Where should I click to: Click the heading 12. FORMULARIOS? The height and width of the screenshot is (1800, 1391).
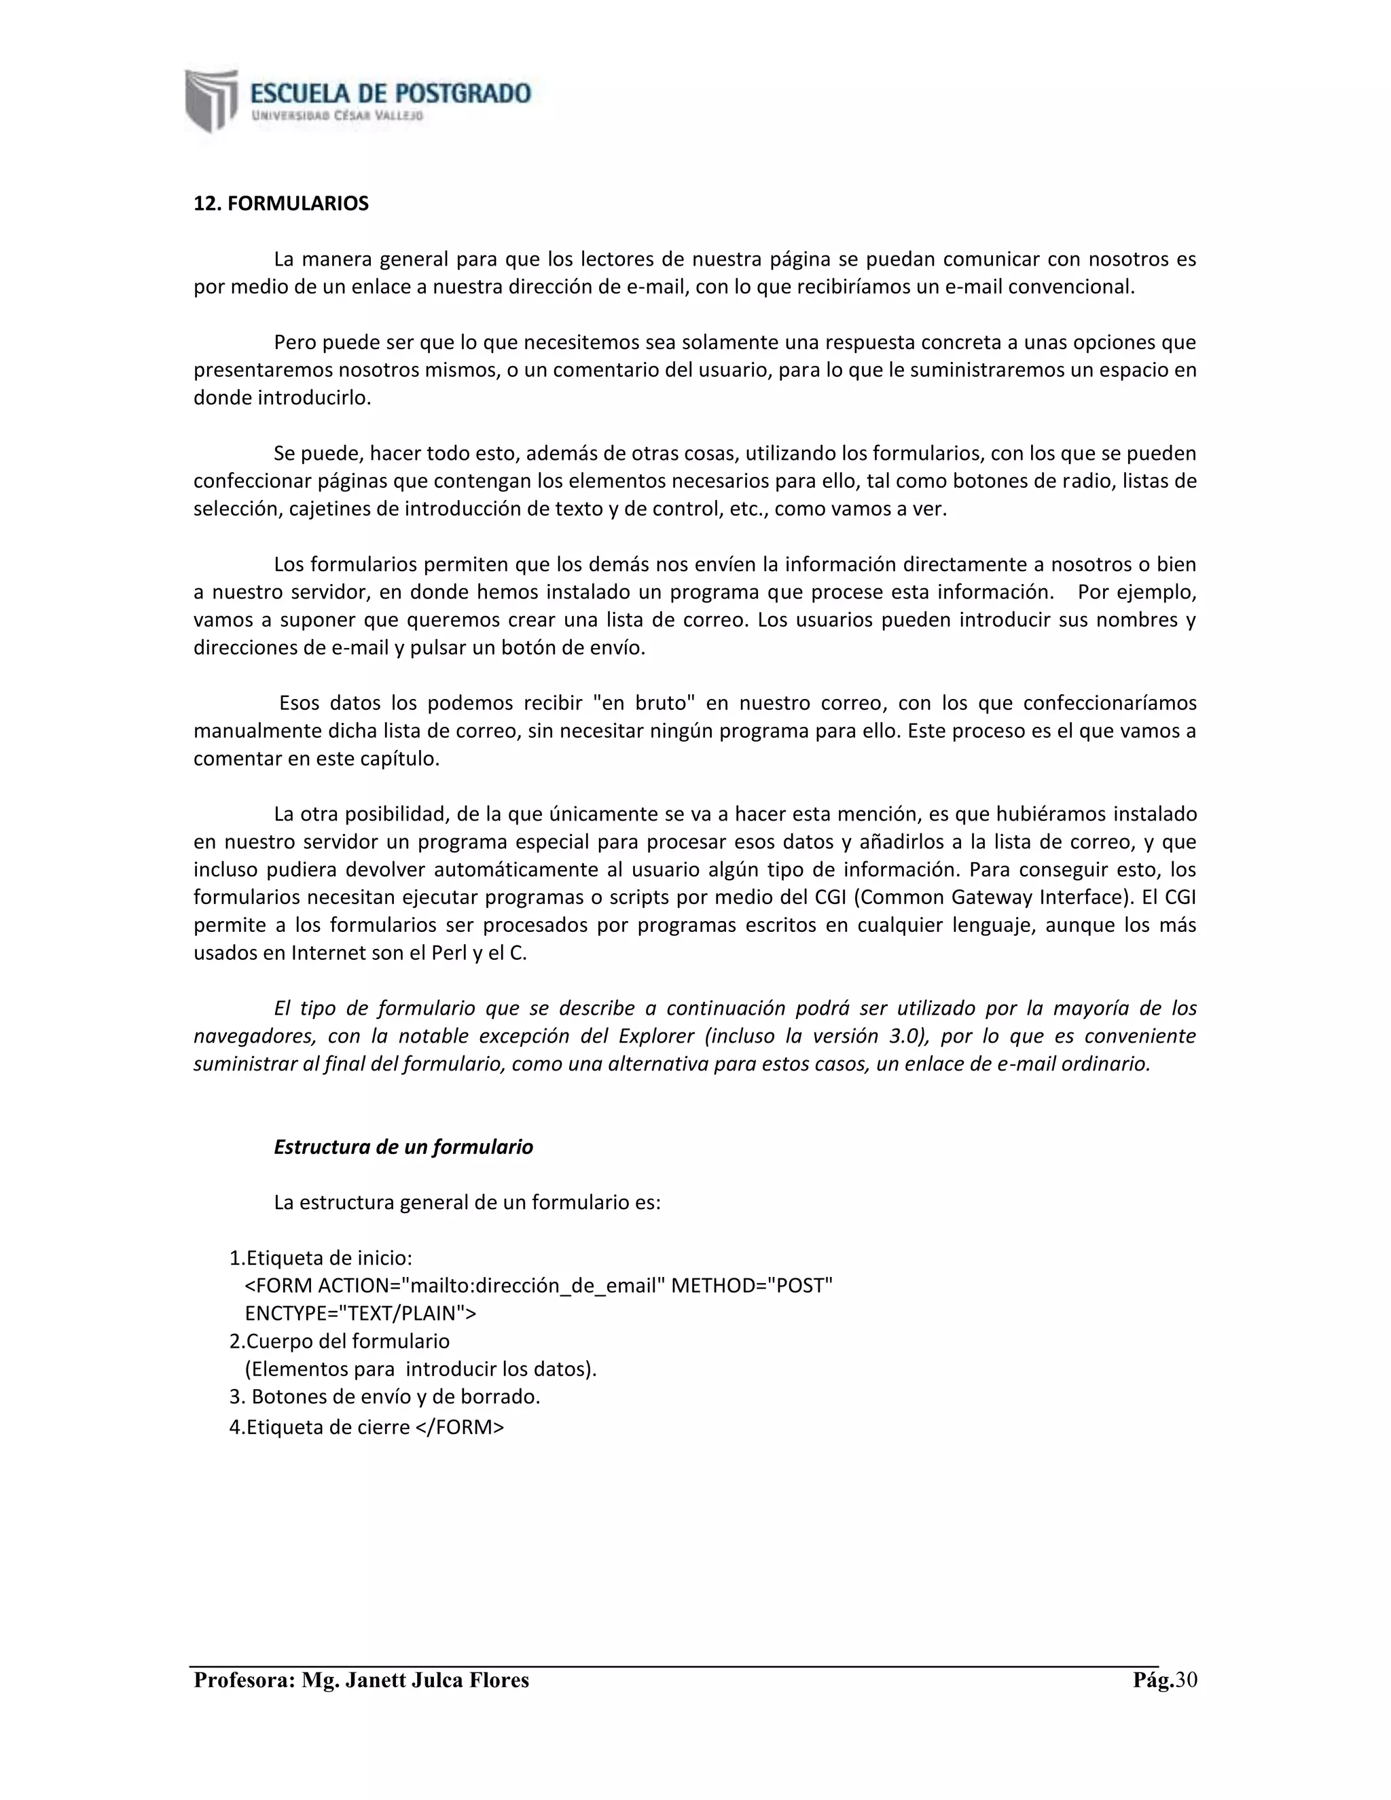[x=281, y=204]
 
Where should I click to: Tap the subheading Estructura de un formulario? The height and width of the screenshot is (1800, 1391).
[x=403, y=1147]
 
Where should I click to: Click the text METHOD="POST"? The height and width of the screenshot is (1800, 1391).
[x=752, y=1286]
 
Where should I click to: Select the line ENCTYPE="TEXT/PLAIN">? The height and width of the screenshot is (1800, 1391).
[x=360, y=1314]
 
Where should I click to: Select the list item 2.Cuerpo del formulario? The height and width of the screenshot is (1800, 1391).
[x=340, y=1341]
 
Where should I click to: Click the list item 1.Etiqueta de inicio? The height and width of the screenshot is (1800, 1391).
[x=321, y=1258]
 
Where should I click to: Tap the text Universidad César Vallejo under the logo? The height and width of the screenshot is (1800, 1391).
[x=337, y=116]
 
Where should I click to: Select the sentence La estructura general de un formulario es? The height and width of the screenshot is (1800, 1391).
[x=467, y=1202]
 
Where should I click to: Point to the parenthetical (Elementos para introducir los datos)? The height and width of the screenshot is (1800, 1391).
[x=420, y=1369]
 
